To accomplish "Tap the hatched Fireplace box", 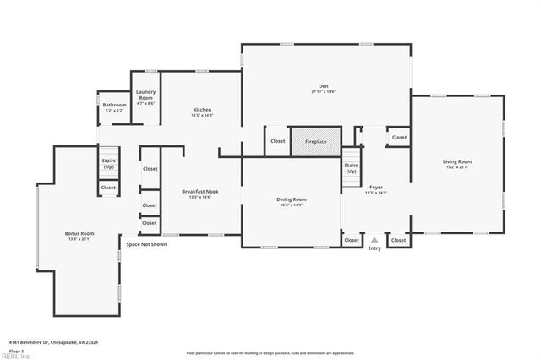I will point(315,141).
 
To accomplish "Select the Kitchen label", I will point(202,110).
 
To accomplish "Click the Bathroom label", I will point(114,106).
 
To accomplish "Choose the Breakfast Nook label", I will point(202,192).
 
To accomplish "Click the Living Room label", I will point(456,161).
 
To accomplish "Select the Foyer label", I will point(376,187).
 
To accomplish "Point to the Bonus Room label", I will point(79,233).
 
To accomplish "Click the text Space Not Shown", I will point(146,244).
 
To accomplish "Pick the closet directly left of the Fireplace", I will point(278,141).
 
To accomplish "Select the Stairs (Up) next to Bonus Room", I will point(109,162).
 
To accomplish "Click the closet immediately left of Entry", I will point(352,240).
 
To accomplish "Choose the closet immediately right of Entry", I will point(398,240).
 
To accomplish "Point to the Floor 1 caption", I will point(15,350).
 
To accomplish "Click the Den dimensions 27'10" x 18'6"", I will point(323,91).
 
